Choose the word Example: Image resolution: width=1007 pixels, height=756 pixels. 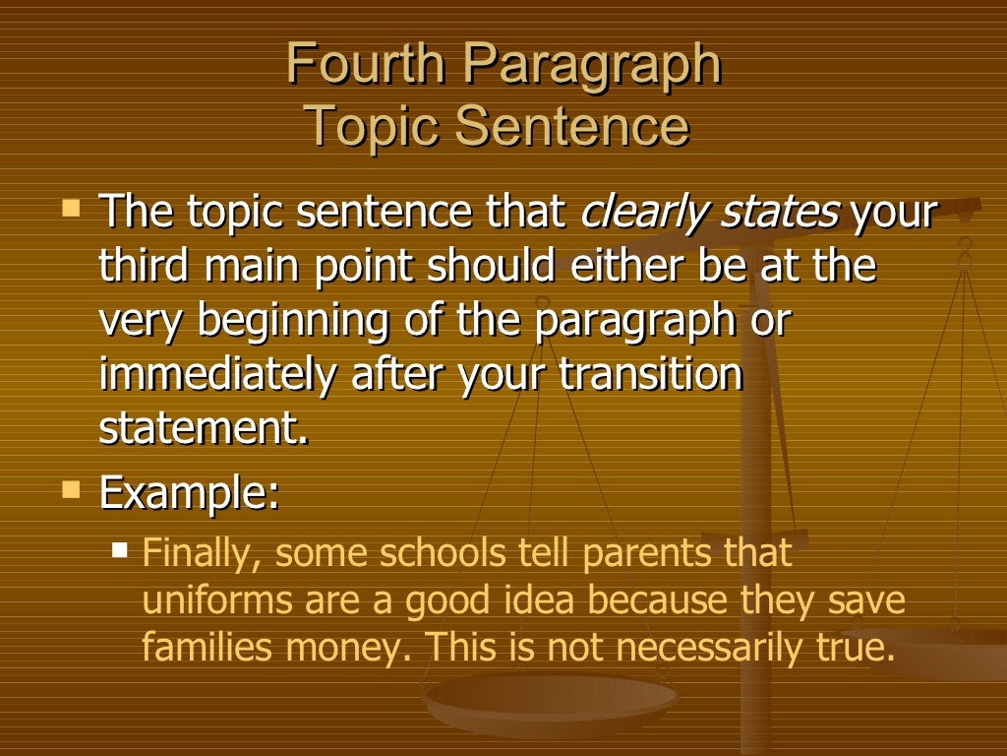tap(189, 493)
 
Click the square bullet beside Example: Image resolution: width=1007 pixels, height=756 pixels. tap(71, 489)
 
